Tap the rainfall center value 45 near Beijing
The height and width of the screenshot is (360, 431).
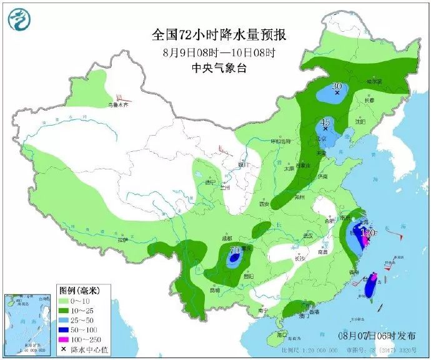(325, 122)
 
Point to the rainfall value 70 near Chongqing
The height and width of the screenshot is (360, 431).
(235, 251)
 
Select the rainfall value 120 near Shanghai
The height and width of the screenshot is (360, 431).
(369, 232)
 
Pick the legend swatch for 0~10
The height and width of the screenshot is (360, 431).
(65, 301)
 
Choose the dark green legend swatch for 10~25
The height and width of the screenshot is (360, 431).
(65, 311)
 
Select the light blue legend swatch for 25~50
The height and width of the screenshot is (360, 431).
(65, 321)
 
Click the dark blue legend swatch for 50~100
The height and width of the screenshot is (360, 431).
(65, 330)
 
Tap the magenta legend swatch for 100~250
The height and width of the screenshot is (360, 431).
(65, 339)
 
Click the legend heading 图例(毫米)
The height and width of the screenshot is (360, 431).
(76, 291)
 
